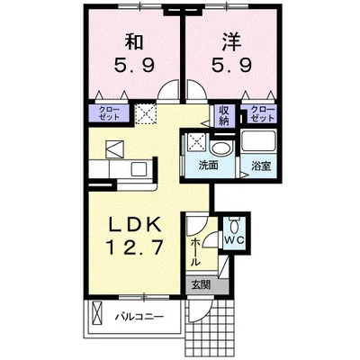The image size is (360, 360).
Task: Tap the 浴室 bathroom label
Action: (262, 165)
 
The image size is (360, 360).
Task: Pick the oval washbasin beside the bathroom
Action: (222, 146)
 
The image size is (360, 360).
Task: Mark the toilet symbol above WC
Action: (234, 224)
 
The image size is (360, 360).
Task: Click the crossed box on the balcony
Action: (95, 317)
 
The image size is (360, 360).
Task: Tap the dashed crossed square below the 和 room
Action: (146, 114)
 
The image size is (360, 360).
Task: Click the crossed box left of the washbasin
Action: (194, 142)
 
